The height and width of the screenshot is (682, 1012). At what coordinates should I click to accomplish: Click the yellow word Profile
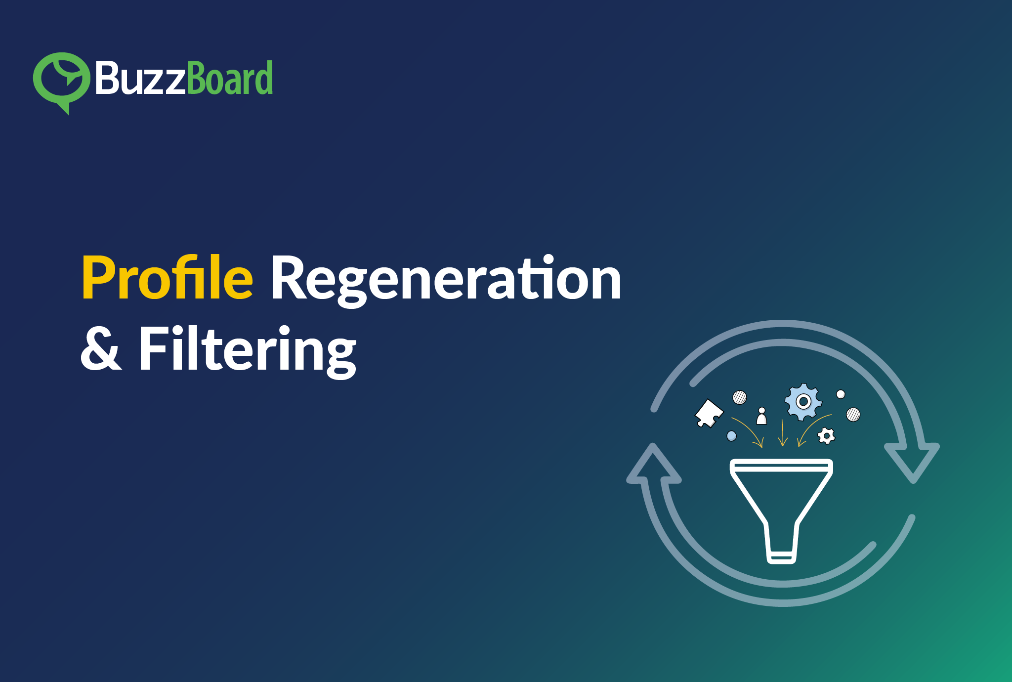pyautogui.click(x=168, y=277)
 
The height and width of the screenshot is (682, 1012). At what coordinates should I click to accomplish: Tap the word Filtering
pyautogui.click(x=247, y=351)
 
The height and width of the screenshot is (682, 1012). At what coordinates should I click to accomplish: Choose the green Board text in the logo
pyautogui.click(x=230, y=78)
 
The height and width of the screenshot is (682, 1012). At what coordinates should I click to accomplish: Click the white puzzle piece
pyautogui.click(x=709, y=413)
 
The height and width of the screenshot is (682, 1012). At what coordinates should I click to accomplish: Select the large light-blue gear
pyautogui.click(x=803, y=402)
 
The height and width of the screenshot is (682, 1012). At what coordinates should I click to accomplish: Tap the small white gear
pyautogui.click(x=826, y=436)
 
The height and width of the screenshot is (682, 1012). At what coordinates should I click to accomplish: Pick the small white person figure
pyautogui.click(x=762, y=416)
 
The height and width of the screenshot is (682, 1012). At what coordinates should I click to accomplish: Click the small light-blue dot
pyautogui.click(x=732, y=436)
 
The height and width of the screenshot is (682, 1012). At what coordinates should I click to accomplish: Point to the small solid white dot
pyautogui.click(x=841, y=394)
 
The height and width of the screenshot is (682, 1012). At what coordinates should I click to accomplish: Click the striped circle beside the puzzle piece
pyautogui.click(x=740, y=397)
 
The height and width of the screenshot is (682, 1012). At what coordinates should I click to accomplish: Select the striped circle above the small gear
pyautogui.click(x=853, y=414)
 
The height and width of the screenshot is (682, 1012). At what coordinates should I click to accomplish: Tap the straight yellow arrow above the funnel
pyautogui.click(x=782, y=432)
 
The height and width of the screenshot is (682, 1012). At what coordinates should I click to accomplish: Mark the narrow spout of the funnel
pyautogui.click(x=781, y=543)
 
